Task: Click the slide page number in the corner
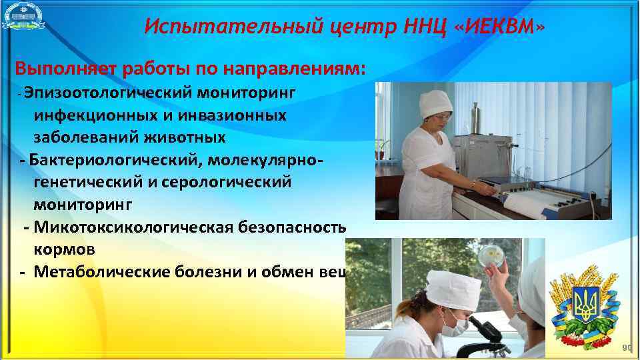(627, 348)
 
